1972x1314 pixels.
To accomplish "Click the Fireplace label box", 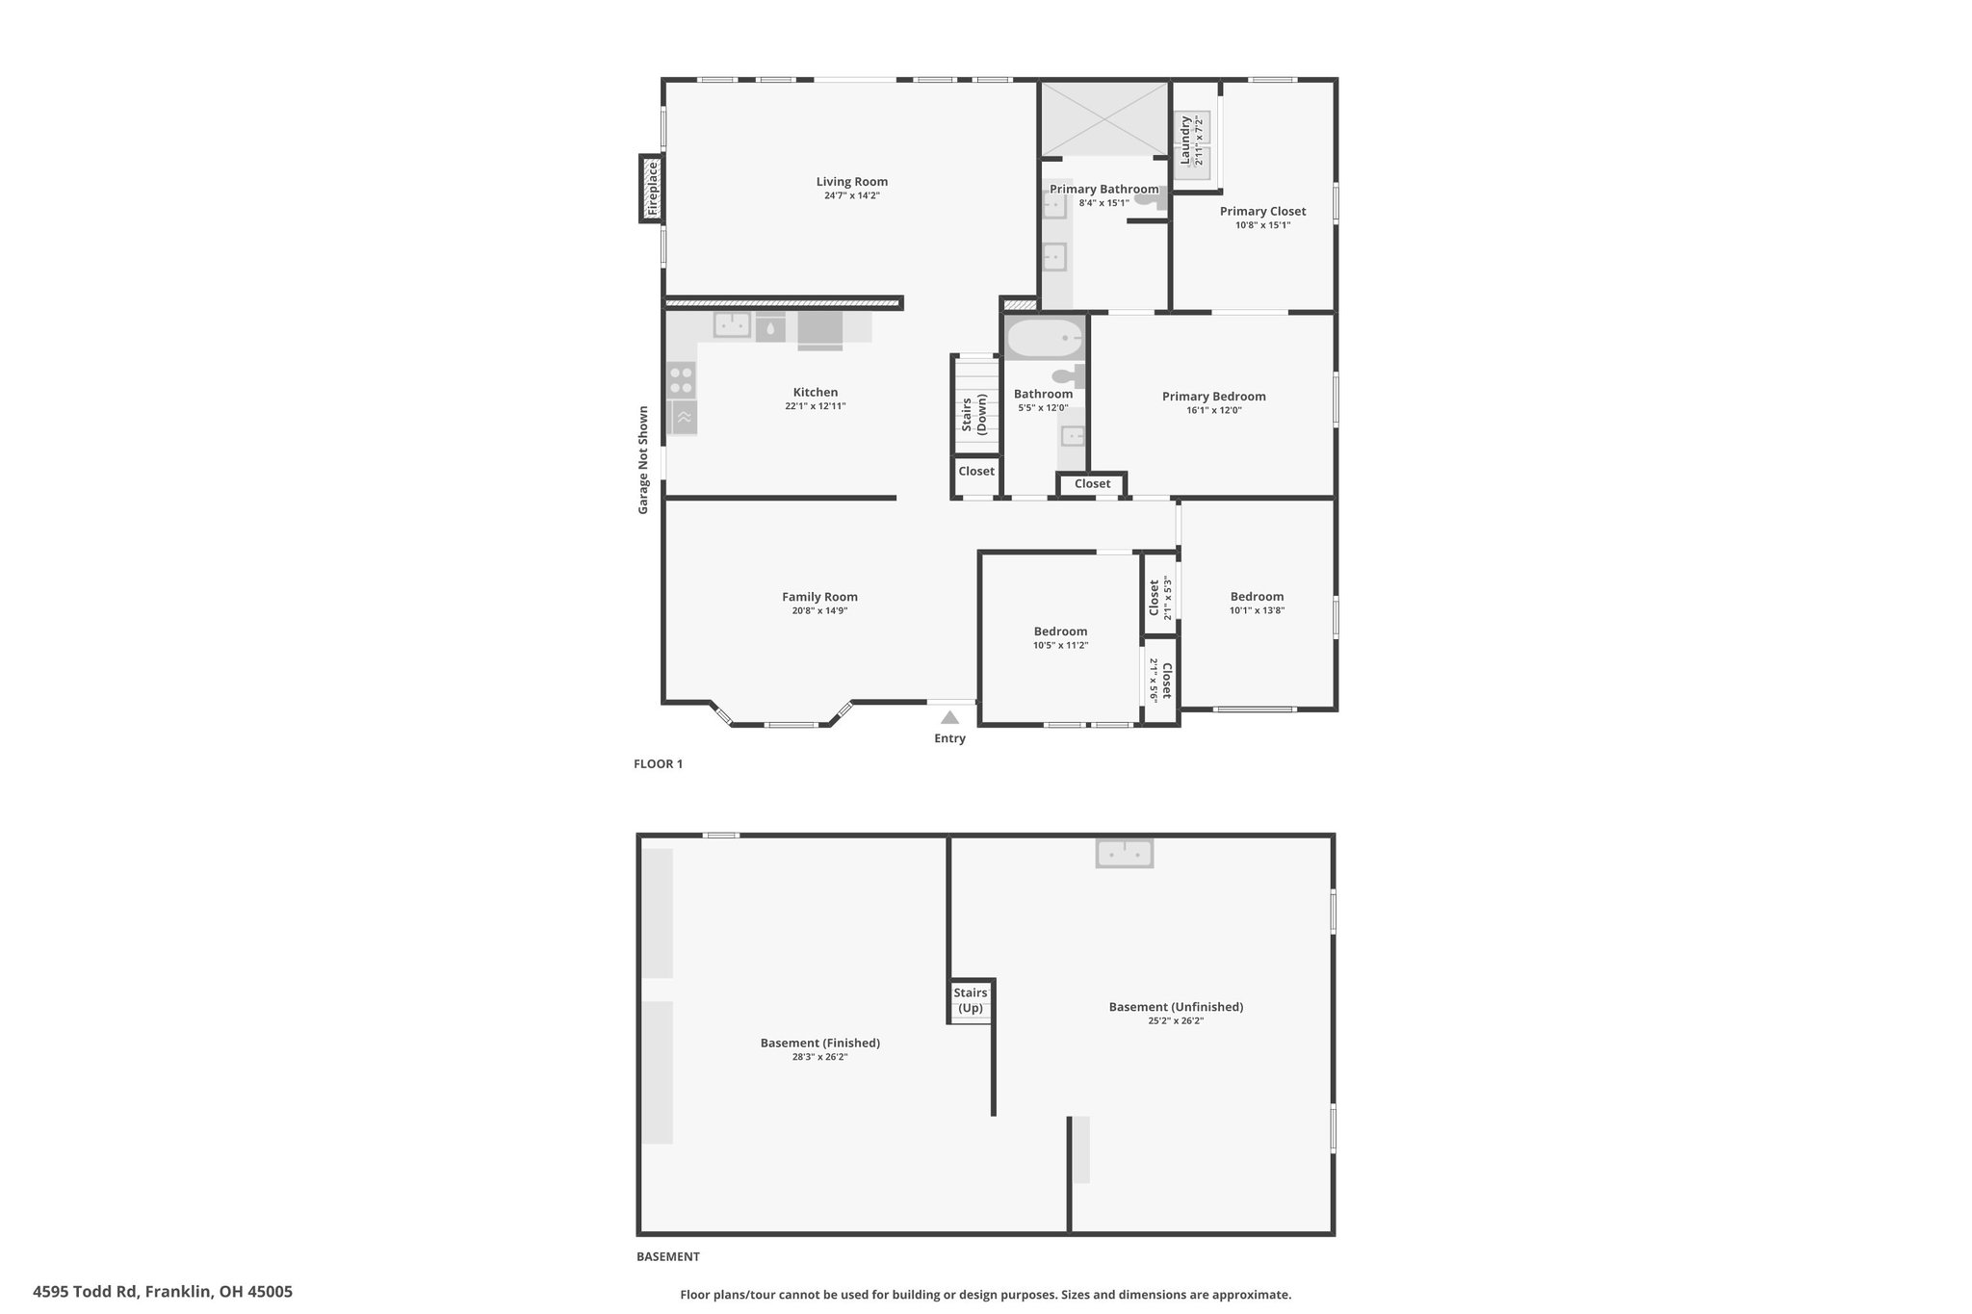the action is [652, 188].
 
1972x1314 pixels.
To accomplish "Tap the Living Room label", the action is [852, 182].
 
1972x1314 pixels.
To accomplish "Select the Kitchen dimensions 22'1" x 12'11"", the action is [816, 406].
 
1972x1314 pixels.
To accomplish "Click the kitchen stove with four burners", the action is [682, 379].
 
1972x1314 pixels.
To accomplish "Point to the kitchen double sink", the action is [732, 325].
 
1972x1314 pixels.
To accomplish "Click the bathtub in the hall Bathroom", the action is [1044, 339].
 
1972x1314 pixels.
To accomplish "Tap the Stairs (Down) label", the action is [973, 415].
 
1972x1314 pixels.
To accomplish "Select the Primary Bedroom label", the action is [1213, 397].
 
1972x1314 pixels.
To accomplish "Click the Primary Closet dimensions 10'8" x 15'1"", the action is [1262, 225].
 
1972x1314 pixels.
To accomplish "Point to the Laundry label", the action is [1185, 141].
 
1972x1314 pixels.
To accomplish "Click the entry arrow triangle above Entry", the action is [949, 717].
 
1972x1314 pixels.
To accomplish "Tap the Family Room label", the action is [819, 597].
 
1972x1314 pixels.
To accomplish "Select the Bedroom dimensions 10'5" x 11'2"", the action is [1060, 646].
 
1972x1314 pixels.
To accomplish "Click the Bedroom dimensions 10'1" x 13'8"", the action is [1257, 610].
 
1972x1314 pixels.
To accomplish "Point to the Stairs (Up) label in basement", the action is [971, 1000].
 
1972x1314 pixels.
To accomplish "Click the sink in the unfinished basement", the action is [1125, 853].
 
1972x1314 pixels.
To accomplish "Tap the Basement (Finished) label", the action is [820, 1043].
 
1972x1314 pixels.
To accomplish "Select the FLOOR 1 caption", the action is [659, 764].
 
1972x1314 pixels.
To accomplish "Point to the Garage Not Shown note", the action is [643, 460].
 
